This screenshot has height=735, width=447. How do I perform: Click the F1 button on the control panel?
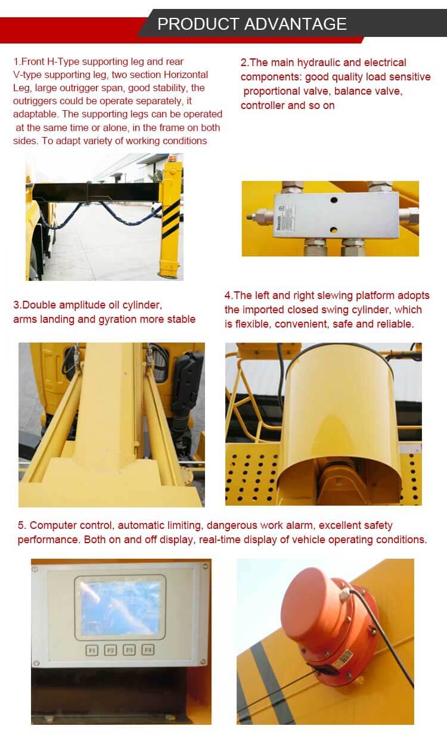(92, 650)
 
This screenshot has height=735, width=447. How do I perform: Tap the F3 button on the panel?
(129, 650)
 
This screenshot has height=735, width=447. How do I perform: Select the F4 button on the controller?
(148, 650)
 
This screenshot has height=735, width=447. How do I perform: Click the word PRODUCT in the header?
(198, 24)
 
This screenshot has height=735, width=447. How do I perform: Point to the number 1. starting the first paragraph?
(17, 62)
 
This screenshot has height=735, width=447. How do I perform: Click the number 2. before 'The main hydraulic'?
(244, 63)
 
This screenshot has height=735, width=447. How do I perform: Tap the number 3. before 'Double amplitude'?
(17, 305)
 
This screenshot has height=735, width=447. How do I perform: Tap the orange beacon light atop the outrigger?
(173, 158)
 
